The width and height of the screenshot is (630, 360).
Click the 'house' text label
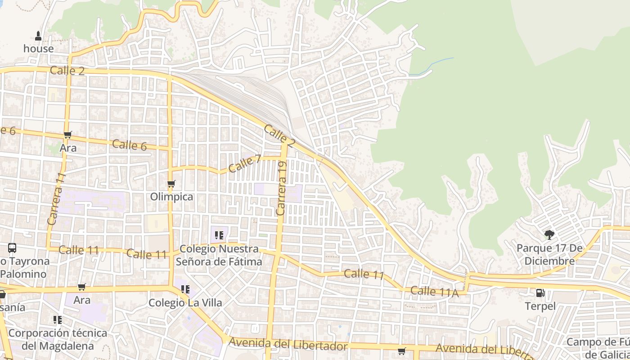click(38, 49)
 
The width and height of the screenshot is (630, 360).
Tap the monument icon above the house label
click(38, 36)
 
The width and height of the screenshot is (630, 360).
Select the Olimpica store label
click(171, 197)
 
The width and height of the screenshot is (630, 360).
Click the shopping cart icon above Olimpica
click(171, 184)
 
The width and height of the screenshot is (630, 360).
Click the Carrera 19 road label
click(282, 189)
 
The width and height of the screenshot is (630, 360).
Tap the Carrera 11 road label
click(56, 199)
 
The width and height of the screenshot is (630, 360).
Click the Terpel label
click(540, 306)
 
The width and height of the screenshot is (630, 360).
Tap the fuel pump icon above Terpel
click(540, 293)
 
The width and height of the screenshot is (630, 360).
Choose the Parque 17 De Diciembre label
click(549, 255)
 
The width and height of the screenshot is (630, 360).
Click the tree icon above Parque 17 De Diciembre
click(549, 234)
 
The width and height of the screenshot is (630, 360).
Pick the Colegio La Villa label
click(185, 303)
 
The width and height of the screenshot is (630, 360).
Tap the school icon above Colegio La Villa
click(185, 289)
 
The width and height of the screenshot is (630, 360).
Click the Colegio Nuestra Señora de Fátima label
click(219, 255)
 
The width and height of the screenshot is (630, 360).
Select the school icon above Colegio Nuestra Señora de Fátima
click(219, 235)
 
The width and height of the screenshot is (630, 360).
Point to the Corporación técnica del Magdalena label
click(58, 339)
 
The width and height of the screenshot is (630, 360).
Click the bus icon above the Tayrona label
click(12, 247)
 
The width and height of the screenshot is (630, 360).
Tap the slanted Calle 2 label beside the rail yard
click(279, 136)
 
